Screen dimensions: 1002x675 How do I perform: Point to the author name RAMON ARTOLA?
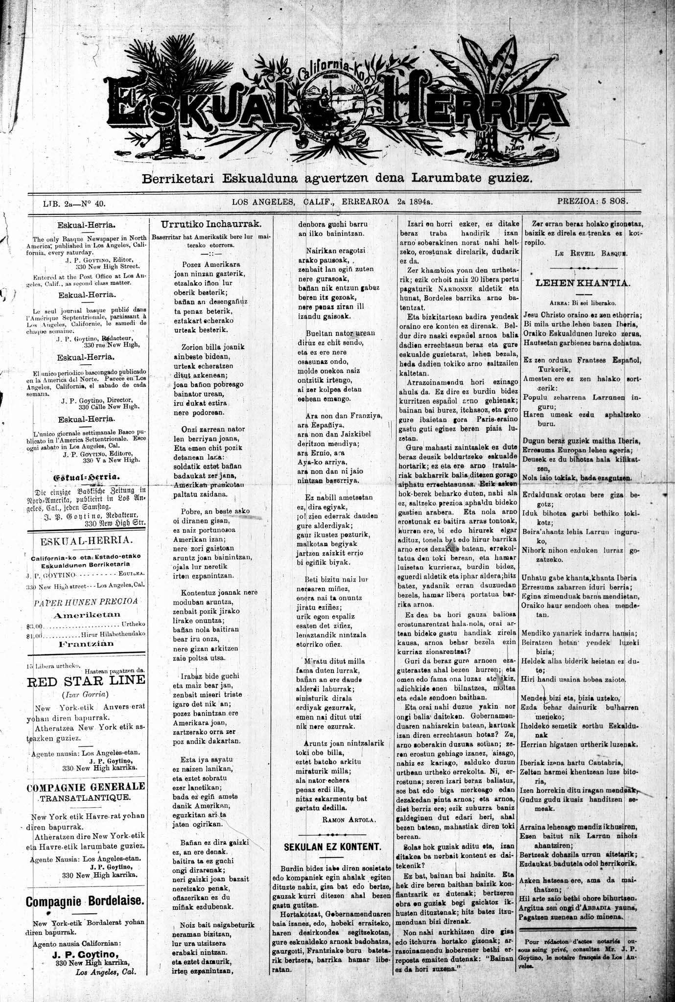pos(348,818)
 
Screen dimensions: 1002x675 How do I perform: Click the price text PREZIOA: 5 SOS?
pos(592,201)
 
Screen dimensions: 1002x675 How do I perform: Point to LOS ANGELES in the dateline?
pos(263,201)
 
